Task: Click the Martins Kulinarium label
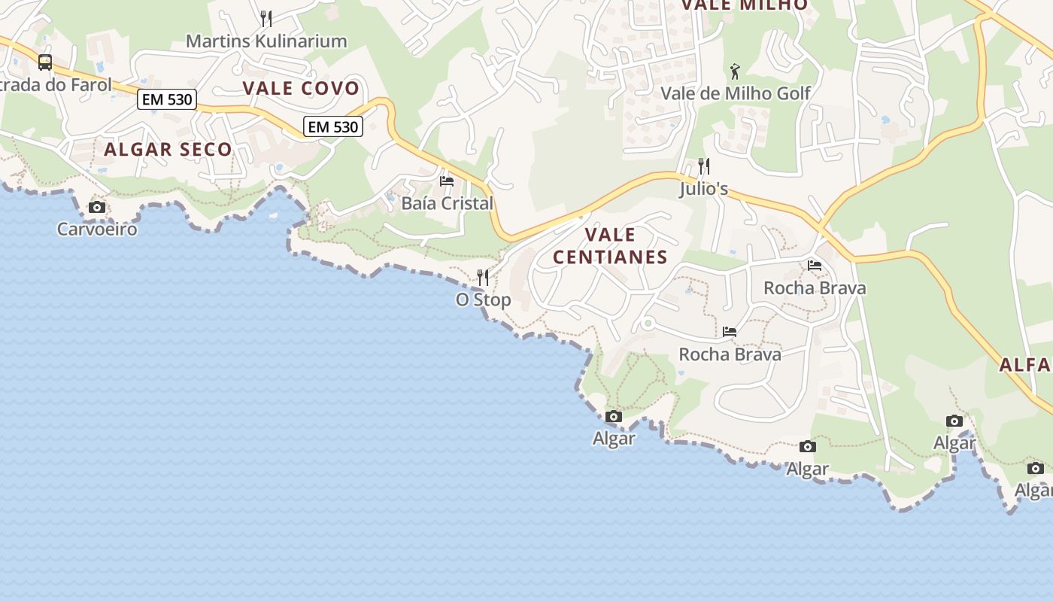266,41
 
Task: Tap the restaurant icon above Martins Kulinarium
266,18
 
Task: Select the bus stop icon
45,62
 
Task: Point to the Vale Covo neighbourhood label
301,88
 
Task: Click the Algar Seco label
168,149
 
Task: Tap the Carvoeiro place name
97,229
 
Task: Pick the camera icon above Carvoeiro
97,208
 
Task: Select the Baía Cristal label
448,203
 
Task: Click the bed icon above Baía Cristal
447,181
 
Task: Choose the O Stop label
483,299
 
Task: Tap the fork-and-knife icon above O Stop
483,278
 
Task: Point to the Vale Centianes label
610,246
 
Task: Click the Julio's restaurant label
704,188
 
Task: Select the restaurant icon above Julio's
704,166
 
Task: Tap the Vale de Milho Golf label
736,93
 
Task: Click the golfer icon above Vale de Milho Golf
736,71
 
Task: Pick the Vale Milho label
744,5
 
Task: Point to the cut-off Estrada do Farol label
56,84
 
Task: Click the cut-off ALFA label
1025,365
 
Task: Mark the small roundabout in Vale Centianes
647,324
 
